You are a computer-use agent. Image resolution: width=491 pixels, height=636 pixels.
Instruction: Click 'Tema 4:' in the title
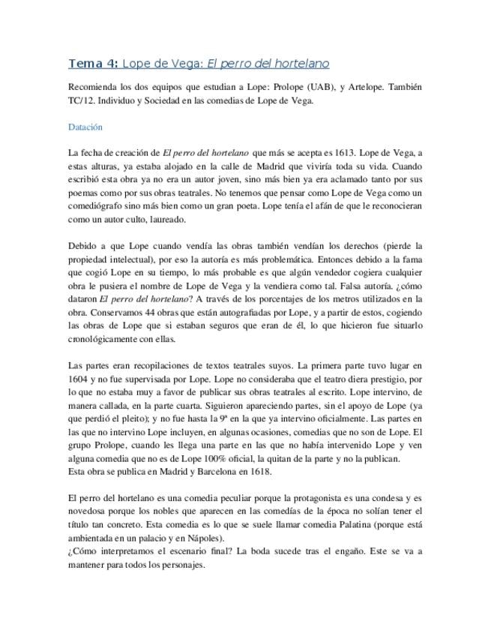92,63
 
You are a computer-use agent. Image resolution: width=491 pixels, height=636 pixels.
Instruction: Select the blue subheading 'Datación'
85,127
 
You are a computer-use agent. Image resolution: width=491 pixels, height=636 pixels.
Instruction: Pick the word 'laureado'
166,220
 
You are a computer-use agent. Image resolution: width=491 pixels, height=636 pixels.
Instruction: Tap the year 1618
259,472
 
